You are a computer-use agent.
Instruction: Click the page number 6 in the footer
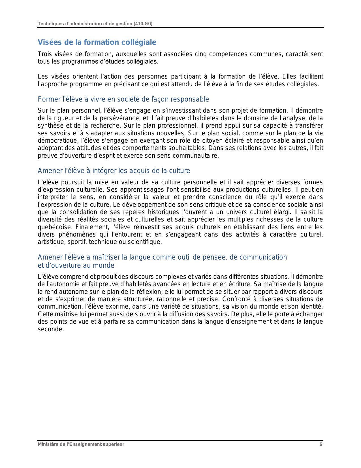(x=321, y=444)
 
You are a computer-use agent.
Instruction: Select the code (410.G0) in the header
(x=143, y=24)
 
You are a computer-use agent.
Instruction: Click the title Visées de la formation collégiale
(x=97, y=42)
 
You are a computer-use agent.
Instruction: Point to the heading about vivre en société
(x=123, y=99)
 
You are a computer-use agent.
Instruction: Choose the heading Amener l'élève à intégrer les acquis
(x=114, y=171)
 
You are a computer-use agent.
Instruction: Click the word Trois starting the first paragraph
(x=45, y=54)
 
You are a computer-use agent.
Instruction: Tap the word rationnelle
(x=181, y=299)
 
